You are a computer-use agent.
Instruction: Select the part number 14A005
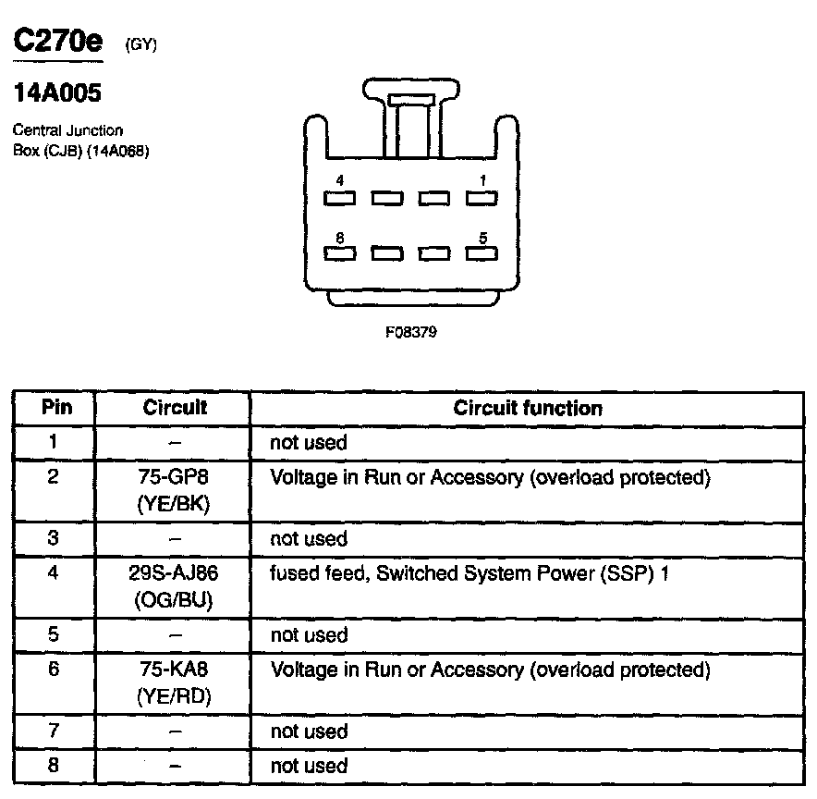(x=57, y=93)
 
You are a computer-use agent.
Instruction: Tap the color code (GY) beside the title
(x=141, y=44)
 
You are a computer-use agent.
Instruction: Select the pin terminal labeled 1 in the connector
(x=482, y=198)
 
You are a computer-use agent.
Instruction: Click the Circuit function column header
(x=528, y=408)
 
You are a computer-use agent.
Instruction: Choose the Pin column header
(x=55, y=408)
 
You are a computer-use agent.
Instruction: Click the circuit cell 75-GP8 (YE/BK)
(x=174, y=490)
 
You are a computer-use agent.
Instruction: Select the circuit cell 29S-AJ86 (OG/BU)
(x=174, y=586)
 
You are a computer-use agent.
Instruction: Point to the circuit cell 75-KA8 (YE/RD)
(x=174, y=682)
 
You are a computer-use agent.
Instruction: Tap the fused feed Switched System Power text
(x=469, y=574)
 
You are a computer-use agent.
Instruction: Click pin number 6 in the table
(x=55, y=669)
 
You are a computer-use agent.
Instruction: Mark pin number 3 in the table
(x=55, y=538)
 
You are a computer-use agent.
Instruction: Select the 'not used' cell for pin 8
(x=308, y=766)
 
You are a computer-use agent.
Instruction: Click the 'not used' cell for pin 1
(x=308, y=443)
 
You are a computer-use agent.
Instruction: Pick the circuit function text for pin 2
(x=489, y=478)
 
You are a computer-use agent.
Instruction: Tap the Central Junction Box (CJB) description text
(x=81, y=141)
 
